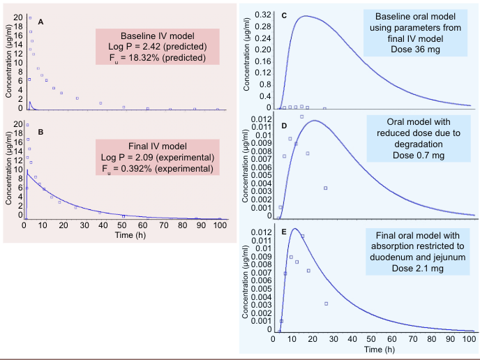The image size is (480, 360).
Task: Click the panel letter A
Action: click(41, 22)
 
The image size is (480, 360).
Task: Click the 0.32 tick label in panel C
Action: click(262, 14)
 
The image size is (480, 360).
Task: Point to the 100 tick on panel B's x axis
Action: click(219, 226)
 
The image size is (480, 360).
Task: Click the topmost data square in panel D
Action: click(301, 117)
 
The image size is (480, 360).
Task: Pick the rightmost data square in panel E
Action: click(326, 303)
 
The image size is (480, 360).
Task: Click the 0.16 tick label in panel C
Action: click(262, 61)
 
